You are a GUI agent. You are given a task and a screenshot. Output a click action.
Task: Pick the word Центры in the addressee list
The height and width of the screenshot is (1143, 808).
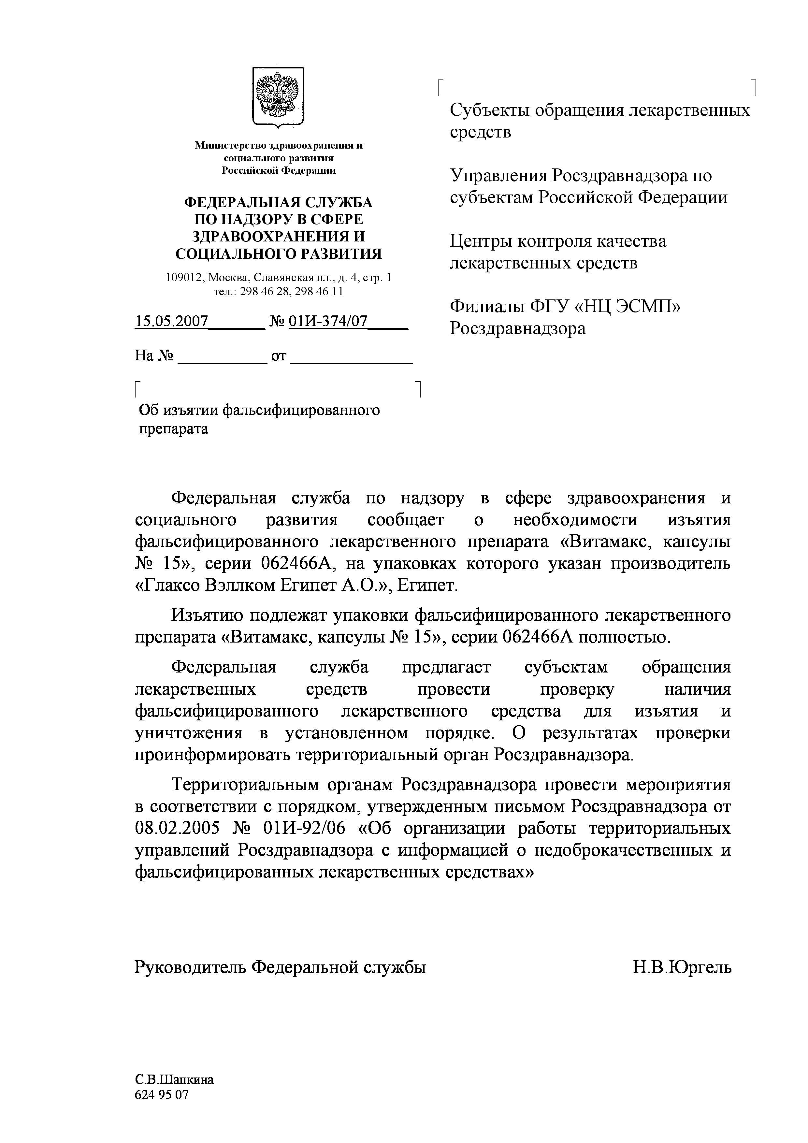481,241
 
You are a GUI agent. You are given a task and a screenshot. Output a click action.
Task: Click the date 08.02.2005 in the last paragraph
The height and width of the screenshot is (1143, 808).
177,828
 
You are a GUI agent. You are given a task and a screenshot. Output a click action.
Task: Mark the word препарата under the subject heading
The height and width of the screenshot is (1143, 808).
173,429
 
